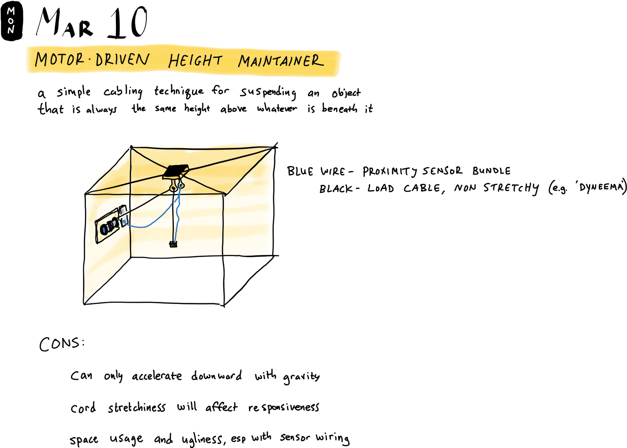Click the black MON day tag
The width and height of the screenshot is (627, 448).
pos(12,21)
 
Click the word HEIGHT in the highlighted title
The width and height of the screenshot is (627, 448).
pos(195,61)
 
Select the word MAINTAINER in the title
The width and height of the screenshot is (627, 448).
pos(281,61)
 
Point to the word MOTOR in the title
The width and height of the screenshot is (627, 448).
pos(59,60)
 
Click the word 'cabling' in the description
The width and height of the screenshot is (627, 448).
pos(123,92)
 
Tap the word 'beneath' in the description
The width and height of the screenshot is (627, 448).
pos(339,108)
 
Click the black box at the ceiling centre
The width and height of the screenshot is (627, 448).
pos(176,171)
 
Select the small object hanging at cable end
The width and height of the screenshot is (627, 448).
pos(173,244)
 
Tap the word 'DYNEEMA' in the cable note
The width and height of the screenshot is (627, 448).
pos(601,187)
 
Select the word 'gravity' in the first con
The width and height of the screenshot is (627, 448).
pos(301,377)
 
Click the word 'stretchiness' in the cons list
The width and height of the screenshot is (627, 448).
pos(137,408)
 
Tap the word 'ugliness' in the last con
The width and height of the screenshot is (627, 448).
pos(202,439)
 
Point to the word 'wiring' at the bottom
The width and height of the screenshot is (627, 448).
pos(332,438)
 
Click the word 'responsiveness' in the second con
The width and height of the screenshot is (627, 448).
pos(283,408)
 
